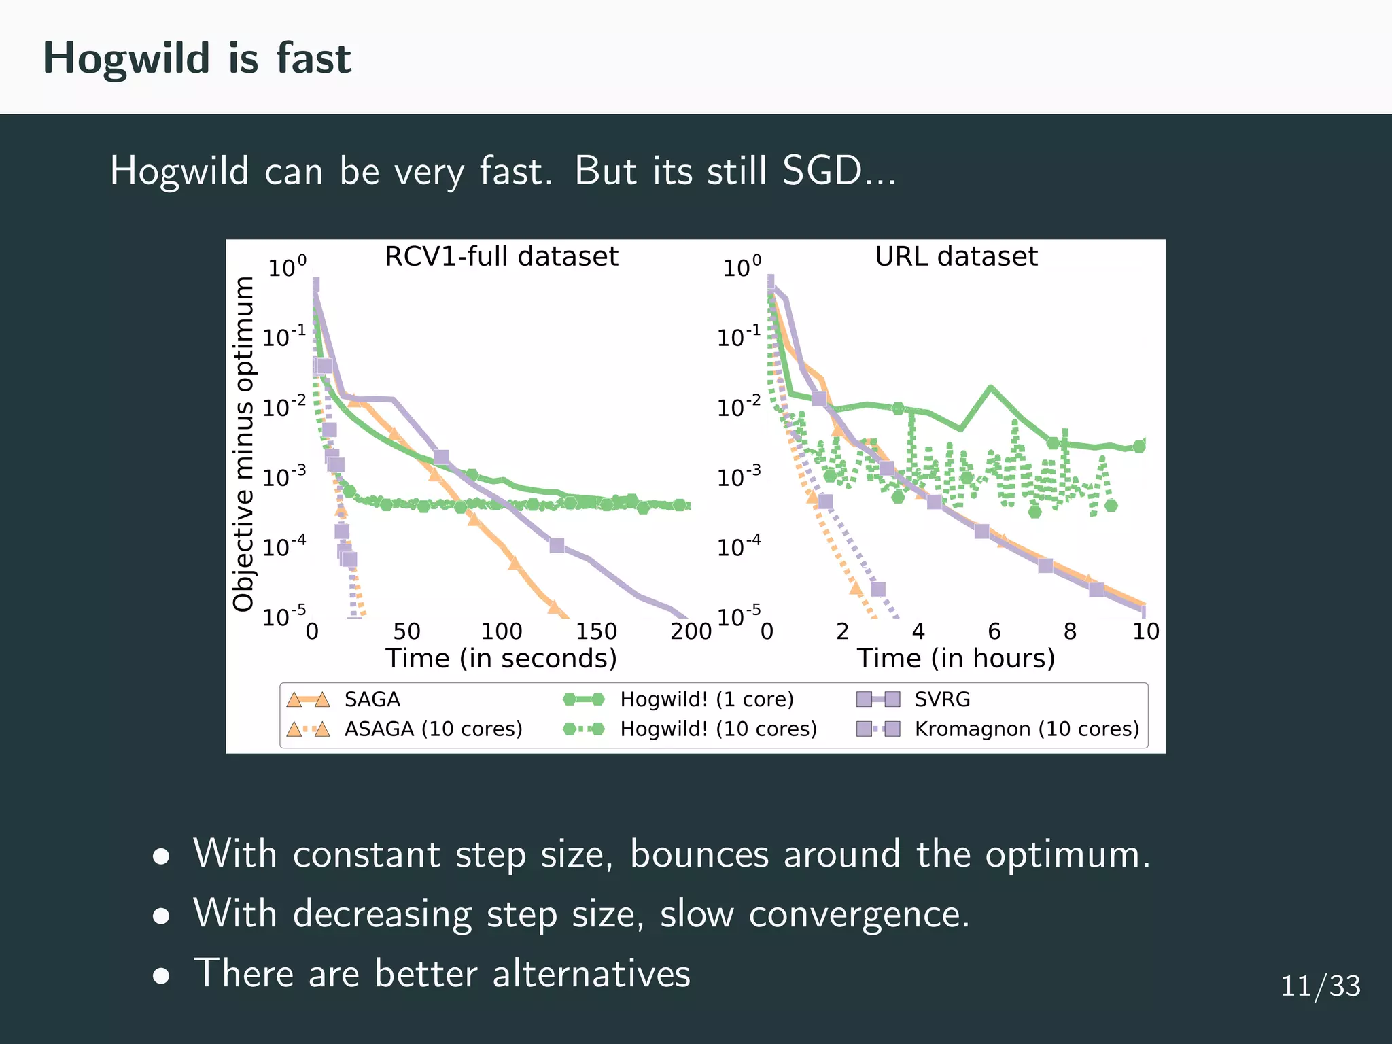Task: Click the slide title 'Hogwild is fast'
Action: tap(196, 58)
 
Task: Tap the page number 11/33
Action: tap(1320, 986)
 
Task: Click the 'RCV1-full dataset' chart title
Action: tap(501, 257)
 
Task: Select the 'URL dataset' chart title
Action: tap(956, 257)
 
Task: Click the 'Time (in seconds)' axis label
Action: tap(501, 658)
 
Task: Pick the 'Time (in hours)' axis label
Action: tap(956, 658)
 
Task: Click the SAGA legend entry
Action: tap(372, 699)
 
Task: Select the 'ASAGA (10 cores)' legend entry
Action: tap(433, 729)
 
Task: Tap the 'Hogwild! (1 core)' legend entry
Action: tap(707, 699)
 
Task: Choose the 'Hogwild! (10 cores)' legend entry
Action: tap(718, 729)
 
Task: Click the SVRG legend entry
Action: tap(942, 699)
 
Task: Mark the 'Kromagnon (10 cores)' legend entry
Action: tap(1026, 729)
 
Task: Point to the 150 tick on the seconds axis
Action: tap(596, 631)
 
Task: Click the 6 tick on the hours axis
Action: tap(994, 631)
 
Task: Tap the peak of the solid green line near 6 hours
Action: tap(991, 387)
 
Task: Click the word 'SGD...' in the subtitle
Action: tap(839, 171)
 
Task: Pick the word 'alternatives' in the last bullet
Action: tap(591, 973)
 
